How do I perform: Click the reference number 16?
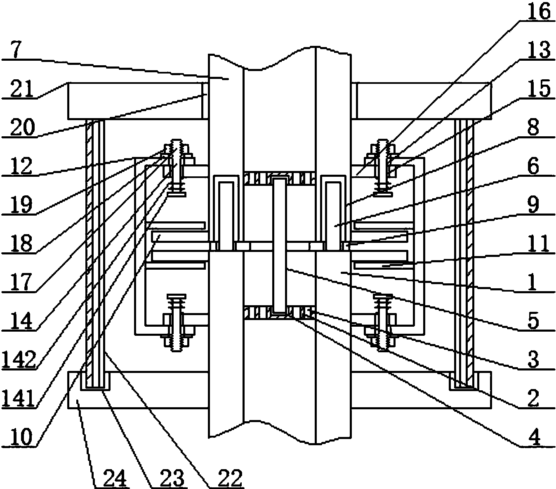click(x=538, y=12)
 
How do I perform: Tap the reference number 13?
click(x=538, y=50)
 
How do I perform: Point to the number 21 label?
click(x=22, y=89)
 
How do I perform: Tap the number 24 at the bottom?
click(x=115, y=479)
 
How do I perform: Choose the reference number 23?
click(x=172, y=479)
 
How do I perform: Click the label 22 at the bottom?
click(x=230, y=479)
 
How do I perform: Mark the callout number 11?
click(x=538, y=243)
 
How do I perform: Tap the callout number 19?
click(x=22, y=204)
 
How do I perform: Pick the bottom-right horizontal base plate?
click(x=421, y=390)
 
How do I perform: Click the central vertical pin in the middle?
click(x=279, y=245)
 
